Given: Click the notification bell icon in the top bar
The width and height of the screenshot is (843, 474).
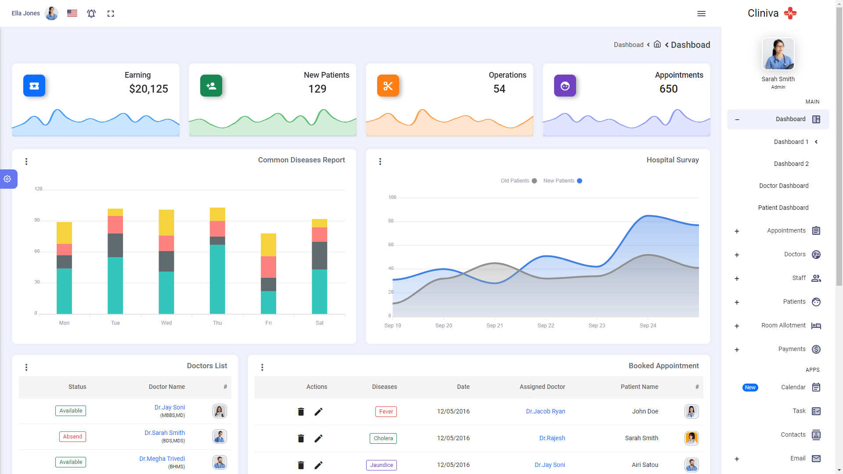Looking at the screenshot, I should (91, 14).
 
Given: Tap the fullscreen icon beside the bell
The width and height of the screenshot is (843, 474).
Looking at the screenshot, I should (111, 14).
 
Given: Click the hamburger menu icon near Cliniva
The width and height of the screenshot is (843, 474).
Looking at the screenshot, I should (701, 14).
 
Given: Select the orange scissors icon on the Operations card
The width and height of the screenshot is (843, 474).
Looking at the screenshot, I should (388, 86).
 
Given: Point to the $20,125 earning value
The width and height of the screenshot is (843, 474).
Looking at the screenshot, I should (148, 89).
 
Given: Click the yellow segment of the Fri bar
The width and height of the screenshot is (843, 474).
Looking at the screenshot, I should (268, 244).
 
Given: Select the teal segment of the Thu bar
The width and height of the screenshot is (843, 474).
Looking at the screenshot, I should (217, 279).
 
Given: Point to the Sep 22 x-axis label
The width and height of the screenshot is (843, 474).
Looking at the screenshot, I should (545, 326).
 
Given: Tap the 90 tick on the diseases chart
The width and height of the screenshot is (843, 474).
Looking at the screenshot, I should (37, 220).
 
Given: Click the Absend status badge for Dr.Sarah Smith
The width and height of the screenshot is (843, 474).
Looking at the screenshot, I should (72, 437).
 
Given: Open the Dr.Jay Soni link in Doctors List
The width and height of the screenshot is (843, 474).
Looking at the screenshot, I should (169, 407).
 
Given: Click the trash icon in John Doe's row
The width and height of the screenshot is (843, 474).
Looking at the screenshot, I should (301, 412).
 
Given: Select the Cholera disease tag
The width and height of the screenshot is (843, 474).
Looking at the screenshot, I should (383, 438).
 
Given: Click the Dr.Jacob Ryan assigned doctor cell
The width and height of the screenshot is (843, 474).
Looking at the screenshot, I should (545, 411).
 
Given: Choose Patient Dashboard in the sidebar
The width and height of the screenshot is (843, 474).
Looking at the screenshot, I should (783, 208).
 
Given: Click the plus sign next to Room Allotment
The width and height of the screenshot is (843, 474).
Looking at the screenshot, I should (737, 326).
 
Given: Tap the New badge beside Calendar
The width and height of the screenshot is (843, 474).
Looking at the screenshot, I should (750, 388).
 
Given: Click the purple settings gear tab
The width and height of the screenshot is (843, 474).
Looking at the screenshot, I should (7, 179).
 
